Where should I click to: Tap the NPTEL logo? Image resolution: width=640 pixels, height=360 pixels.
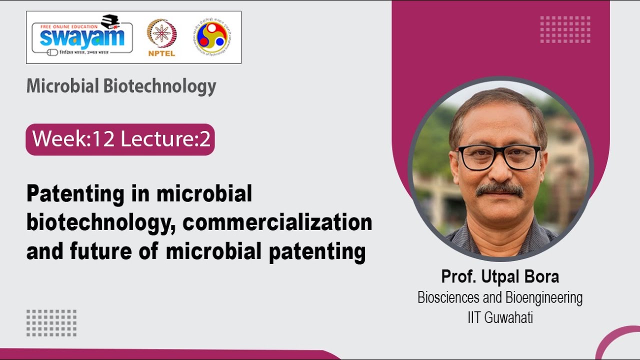tap(161, 37)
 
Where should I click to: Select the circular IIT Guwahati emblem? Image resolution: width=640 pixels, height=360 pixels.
tap(213, 37)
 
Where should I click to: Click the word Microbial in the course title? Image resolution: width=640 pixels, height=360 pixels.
tap(63, 86)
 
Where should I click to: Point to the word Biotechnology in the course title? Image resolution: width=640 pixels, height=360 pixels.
tap(160, 86)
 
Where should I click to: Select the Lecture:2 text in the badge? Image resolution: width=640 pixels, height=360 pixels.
tap(165, 139)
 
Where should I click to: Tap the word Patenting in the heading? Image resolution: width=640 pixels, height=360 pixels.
tap(75, 194)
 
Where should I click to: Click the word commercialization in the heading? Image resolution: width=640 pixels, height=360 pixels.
tap(277, 222)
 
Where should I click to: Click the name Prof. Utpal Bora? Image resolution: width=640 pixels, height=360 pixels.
tap(500, 276)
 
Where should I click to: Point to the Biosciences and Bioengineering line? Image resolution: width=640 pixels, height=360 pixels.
tap(500, 298)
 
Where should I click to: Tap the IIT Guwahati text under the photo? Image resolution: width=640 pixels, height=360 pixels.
tap(500, 317)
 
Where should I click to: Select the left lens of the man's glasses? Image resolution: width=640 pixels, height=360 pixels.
tap(474, 158)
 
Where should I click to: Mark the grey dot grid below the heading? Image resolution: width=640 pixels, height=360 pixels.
tap(51, 323)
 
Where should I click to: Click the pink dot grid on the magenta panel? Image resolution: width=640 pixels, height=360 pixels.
tap(565, 29)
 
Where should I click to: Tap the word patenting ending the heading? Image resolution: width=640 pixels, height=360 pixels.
tap(317, 251)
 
